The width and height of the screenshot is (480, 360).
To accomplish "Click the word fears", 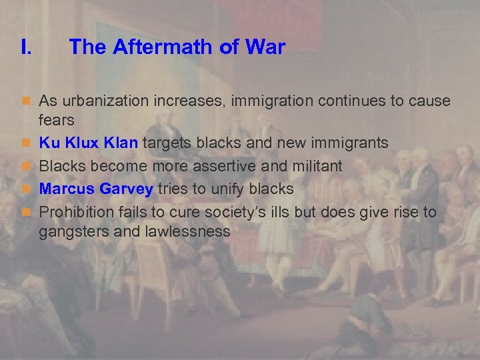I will pos(57,121).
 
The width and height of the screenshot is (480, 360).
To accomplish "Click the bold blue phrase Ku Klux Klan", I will pos(89,142).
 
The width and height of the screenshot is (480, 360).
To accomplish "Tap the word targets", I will pos(166,143).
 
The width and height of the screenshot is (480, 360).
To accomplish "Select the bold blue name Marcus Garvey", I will pos(96,189).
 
